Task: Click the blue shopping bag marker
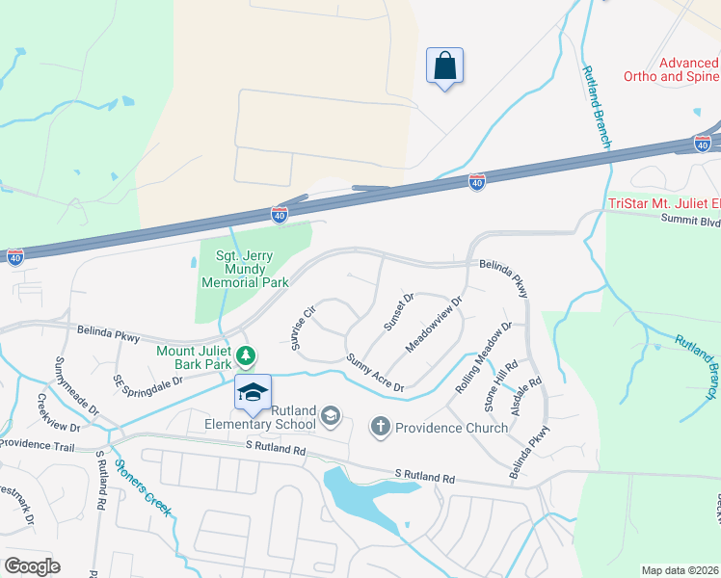coord(444,66)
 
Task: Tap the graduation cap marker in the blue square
coord(253,392)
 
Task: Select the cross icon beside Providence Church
coord(381,426)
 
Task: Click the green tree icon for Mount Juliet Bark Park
coord(247,356)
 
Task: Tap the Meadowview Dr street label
coord(435,324)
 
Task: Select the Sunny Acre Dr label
coord(374,372)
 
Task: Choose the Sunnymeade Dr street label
coord(77,385)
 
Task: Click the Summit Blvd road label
coord(690,221)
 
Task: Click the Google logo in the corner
coord(32,566)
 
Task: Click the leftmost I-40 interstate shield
coord(14,256)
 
